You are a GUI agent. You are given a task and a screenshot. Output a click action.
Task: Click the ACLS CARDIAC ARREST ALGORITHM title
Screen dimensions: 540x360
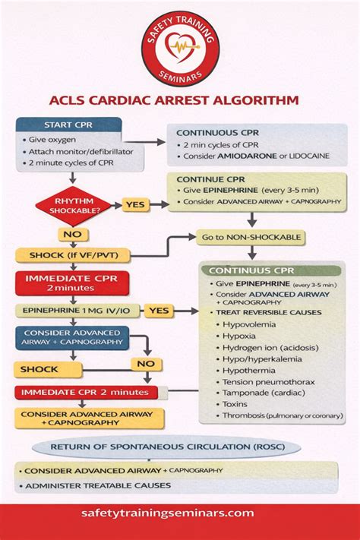click(x=179, y=99)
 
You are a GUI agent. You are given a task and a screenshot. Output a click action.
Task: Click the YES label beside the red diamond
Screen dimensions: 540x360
click(x=135, y=205)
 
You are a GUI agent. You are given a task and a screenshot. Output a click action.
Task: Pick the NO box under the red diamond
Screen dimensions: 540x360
click(x=72, y=235)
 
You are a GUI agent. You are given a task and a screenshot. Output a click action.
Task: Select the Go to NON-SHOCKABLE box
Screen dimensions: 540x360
click(x=251, y=238)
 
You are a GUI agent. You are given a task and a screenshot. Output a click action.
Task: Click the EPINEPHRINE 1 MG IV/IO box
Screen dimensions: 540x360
click(x=71, y=311)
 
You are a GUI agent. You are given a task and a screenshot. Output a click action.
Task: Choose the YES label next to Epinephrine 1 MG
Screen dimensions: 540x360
click(x=159, y=311)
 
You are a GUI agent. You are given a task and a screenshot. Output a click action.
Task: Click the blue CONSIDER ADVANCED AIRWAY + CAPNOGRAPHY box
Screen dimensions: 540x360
click(x=72, y=337)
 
